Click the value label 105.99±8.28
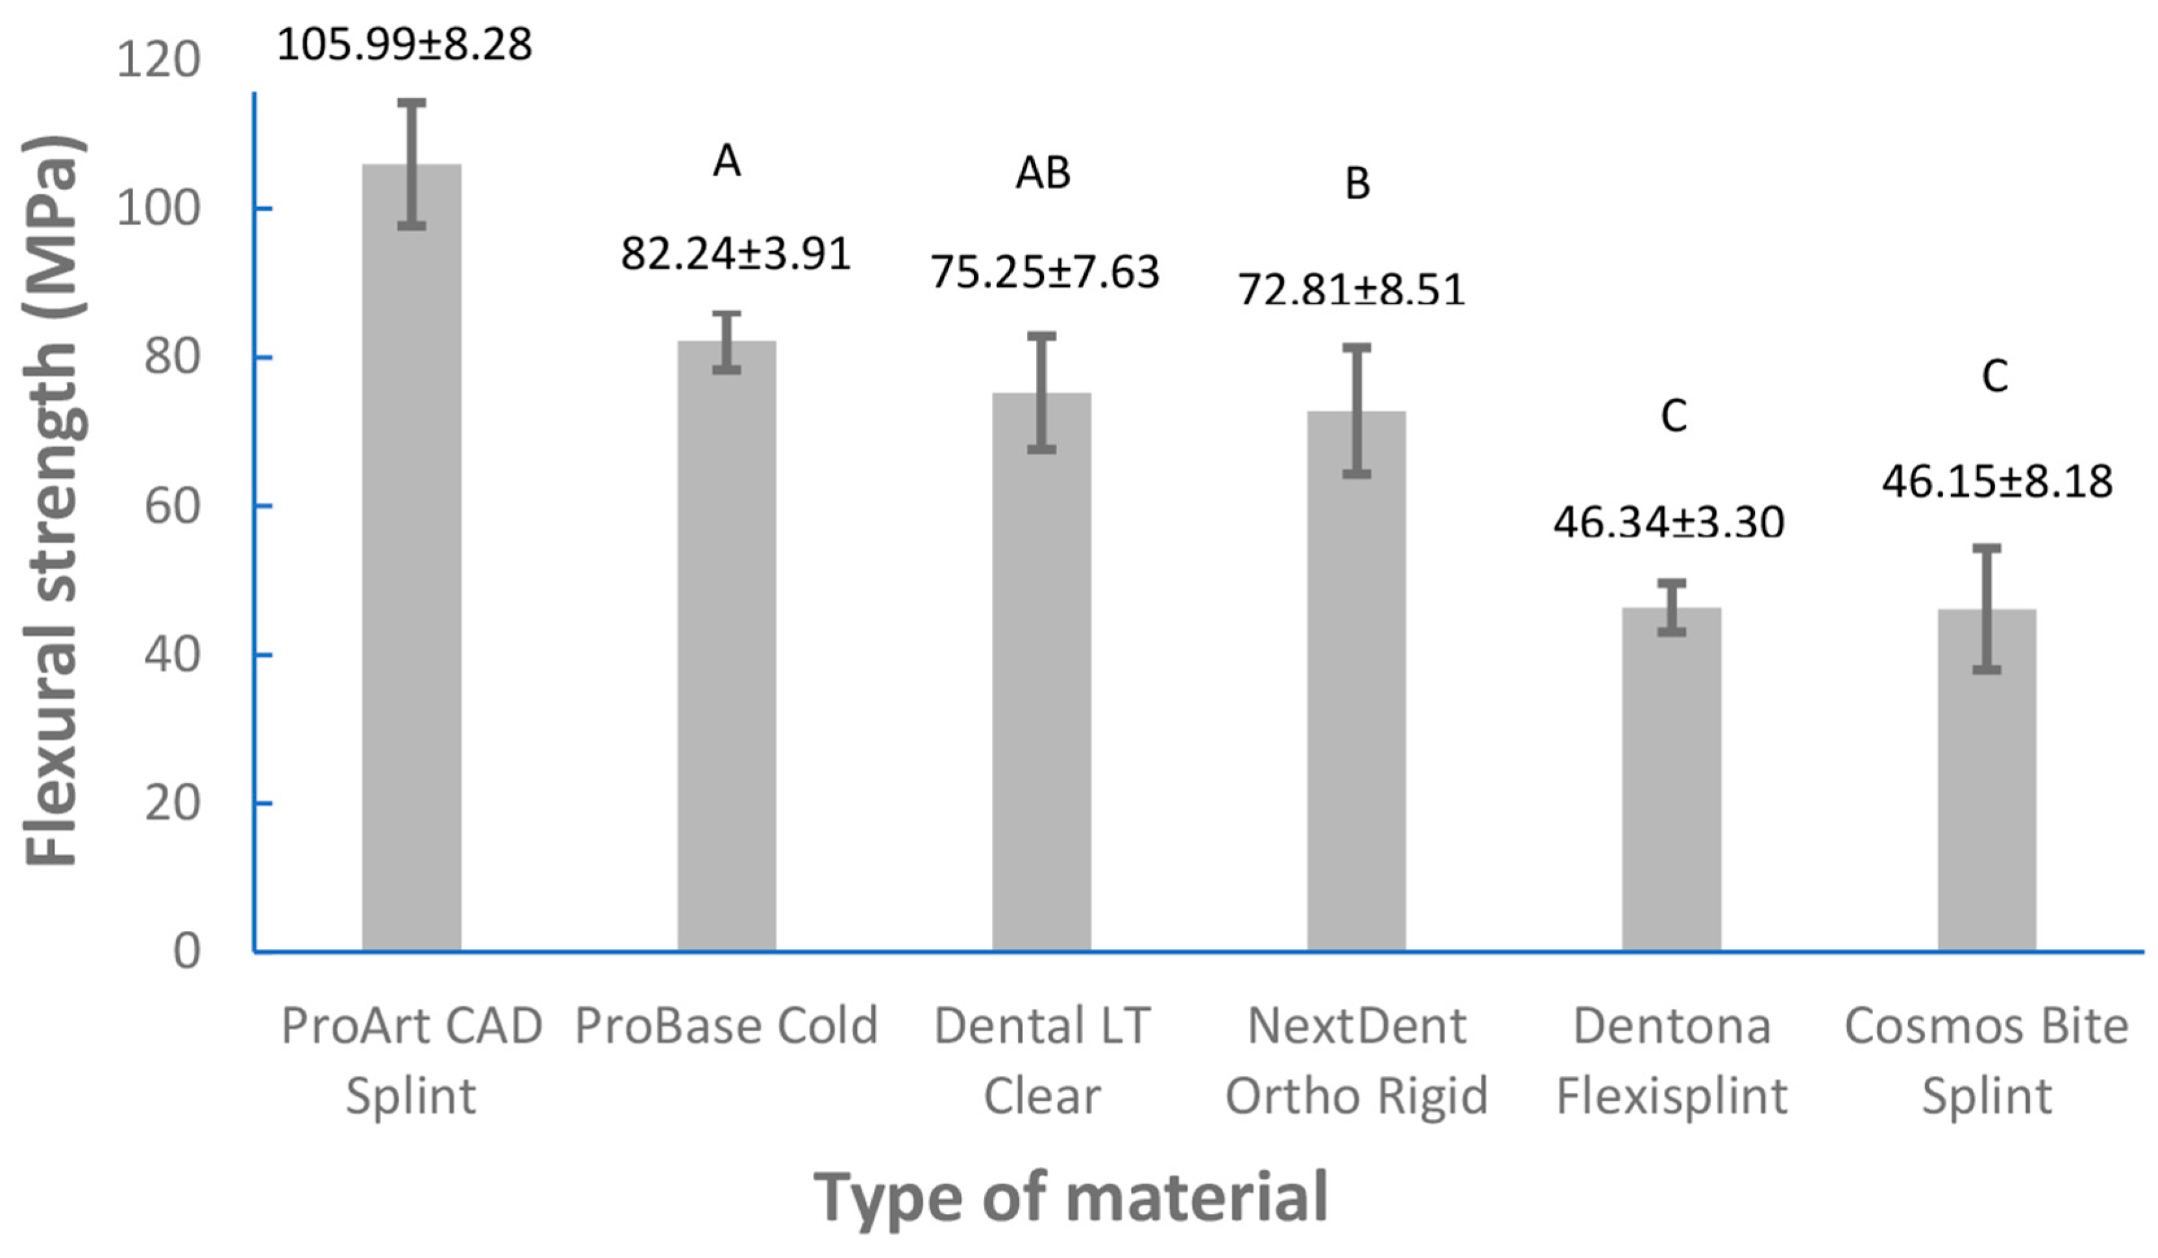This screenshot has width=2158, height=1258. coord(404,45)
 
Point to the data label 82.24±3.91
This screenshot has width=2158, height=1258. coord(736,254)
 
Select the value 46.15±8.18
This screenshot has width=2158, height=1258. coord(1997,481)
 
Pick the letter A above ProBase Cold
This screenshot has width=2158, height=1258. coord(726,160)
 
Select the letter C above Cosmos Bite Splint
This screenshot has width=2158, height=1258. coord(1994,376)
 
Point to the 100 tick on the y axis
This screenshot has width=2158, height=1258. coord(158,208)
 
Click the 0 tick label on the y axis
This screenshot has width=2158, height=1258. coord(187,950)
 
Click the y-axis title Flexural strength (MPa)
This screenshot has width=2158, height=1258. coord(53,501)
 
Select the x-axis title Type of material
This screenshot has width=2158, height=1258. coord(1071,1197)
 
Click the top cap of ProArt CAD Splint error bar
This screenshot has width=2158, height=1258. coord(411,103)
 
